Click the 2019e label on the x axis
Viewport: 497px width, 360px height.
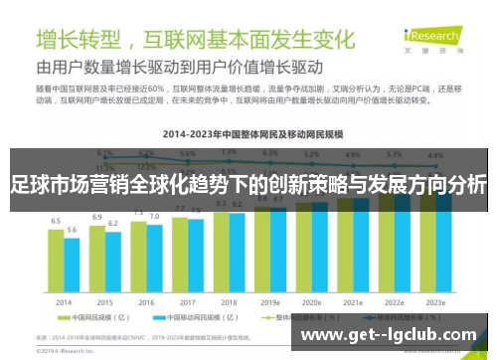pos(270,301)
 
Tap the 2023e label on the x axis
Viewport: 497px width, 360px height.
pos(435,301)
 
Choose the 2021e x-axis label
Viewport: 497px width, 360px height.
pos(353,301)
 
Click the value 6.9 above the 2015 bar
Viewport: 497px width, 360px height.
pos(97,217)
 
